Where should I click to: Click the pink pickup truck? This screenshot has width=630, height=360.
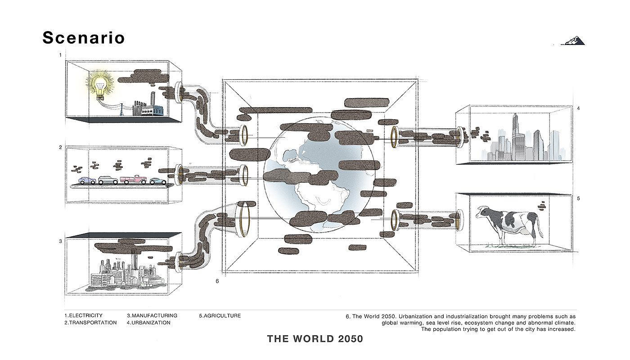pyautogui.click(x=133, y=180)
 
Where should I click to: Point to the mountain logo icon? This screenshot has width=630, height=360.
pyautogui.click(x=573, y=41)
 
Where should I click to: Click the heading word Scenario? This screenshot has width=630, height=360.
pyautogui.click(x=83, y=38)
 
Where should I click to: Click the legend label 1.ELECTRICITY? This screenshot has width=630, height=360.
pyautogui.click(x=83, y=316)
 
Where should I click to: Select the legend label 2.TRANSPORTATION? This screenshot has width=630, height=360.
pyautogui.click(x=90, y=323)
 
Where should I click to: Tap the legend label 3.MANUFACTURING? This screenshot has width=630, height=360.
pyautogui.click(x=152, y=316)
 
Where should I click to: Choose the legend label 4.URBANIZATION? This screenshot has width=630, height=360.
pyautogui.click(x=148, y=323)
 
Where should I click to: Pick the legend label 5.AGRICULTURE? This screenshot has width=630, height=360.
pyautogui.click(x=220, y=316)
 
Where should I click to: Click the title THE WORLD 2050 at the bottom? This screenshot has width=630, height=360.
pyautogui.click(x=315, y=339)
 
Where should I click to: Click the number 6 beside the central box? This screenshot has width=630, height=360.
pyautogui.click(x=217, y=281)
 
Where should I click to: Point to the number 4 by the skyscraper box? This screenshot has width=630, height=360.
pyautogui.click(x=579, y=108)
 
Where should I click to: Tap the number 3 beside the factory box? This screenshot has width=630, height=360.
pyautogui.click(x=60, y=242)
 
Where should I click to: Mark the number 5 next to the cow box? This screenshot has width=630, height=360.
pyautogui.click(x=579, y=198)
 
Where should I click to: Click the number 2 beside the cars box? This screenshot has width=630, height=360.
pyautogui.click(x=60, y=148)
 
